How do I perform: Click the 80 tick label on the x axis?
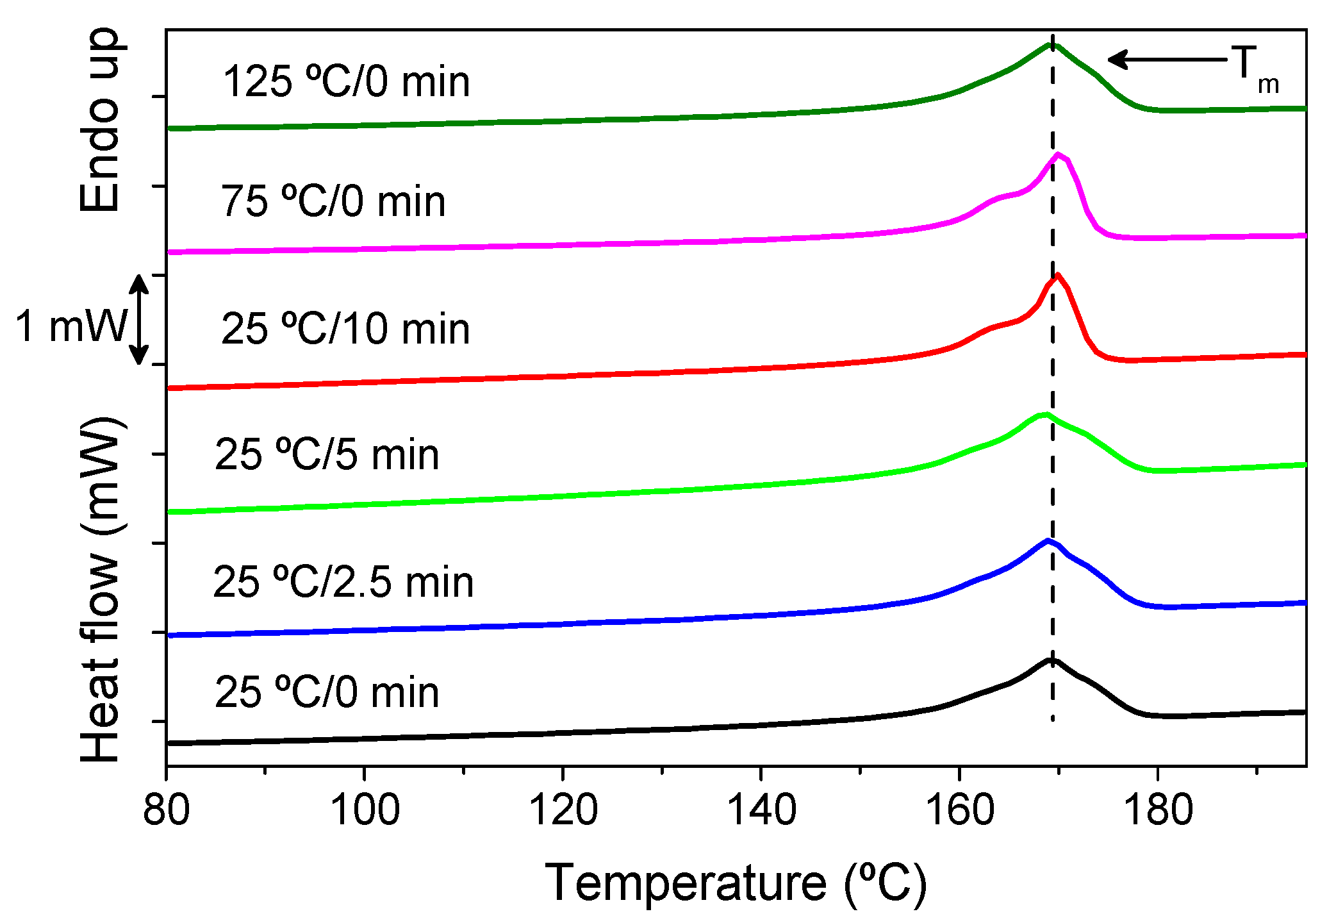click(166, 810)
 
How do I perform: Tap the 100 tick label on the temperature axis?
click(364, 810)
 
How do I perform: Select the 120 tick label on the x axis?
click(563, 810)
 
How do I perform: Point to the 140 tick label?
click(761, 810)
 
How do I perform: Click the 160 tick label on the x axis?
click(959, 810)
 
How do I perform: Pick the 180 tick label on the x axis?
click(1158, 810)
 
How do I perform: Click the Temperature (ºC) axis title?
click(736, 883)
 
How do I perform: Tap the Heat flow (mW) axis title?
click(101, 590)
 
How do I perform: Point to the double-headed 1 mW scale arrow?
click(139, 320)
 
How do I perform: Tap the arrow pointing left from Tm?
click(1166, 60)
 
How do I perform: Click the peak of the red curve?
click(1057, 276)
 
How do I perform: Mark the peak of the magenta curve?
click(1058, 154)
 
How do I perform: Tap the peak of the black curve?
click(1051, 660)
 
